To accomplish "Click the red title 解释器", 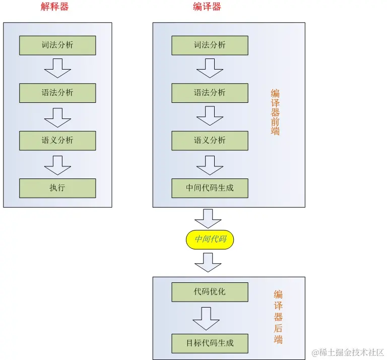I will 54,7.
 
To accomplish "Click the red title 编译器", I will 207,7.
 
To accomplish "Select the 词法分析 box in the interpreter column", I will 57,45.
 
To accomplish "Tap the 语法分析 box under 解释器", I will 57,93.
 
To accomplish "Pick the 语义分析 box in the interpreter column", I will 57,140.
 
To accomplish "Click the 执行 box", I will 57,188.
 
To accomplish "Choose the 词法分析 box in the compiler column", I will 210,45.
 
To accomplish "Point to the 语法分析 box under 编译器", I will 210,93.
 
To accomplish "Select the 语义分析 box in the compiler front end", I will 210,140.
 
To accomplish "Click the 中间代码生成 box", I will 210,188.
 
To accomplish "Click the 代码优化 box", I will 210,292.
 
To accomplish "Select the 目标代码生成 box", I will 210,343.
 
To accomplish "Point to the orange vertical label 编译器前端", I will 275,112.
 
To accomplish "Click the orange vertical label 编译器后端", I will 278,317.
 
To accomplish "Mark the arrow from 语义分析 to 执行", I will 57,164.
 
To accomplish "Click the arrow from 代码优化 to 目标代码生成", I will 207,318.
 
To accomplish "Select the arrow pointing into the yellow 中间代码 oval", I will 208,218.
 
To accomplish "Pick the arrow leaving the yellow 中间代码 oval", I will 208,262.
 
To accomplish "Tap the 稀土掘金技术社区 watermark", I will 348,352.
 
